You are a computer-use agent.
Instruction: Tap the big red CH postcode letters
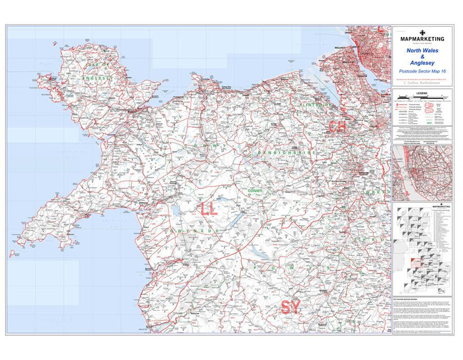(x=337, y=127)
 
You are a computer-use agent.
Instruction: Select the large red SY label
(x=291, y=307)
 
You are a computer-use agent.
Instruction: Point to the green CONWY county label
(x=255, y=190)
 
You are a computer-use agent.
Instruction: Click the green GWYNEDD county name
(x=195, y=230)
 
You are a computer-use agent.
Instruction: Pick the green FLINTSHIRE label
(x=317, y=105)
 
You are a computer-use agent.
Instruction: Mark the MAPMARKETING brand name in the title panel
(x=422, y=39)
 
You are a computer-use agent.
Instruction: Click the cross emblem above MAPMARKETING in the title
(x=422, y=32)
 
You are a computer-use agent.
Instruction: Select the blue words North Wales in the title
(x=422, y=50)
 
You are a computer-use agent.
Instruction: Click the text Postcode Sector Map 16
(x=422, y=71)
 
